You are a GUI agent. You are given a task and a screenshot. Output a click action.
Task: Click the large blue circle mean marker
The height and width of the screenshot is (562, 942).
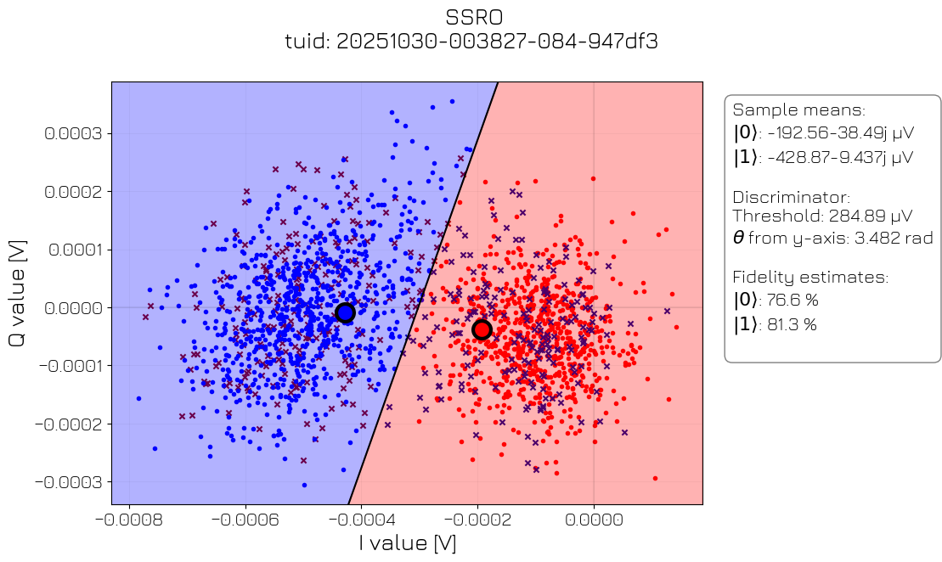pyautogui.click(x=345, y=312)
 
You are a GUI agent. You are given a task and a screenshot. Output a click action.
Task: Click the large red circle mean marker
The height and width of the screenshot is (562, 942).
pyautogui.click(x=482, y=329)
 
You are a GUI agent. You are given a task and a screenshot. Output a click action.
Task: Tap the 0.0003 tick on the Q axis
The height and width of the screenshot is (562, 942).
pyautogui.click(x=73, y=133)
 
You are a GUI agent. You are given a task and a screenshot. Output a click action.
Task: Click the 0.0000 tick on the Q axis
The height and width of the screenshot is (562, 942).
pyautogui.click(x=73, y=307)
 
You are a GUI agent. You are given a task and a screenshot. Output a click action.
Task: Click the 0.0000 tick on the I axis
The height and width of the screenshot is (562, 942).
pyautogui.click(x=594, y=517)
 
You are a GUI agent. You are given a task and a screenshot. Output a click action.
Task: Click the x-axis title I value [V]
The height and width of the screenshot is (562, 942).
pyautogui.click(x=407, y=542)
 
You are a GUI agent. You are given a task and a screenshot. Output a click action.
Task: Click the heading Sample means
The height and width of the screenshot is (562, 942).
pyautogui.click(x=799, y=110)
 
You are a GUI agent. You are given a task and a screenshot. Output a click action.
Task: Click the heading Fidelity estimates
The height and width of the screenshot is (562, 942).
pyautogui.click(x=810, y=277)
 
